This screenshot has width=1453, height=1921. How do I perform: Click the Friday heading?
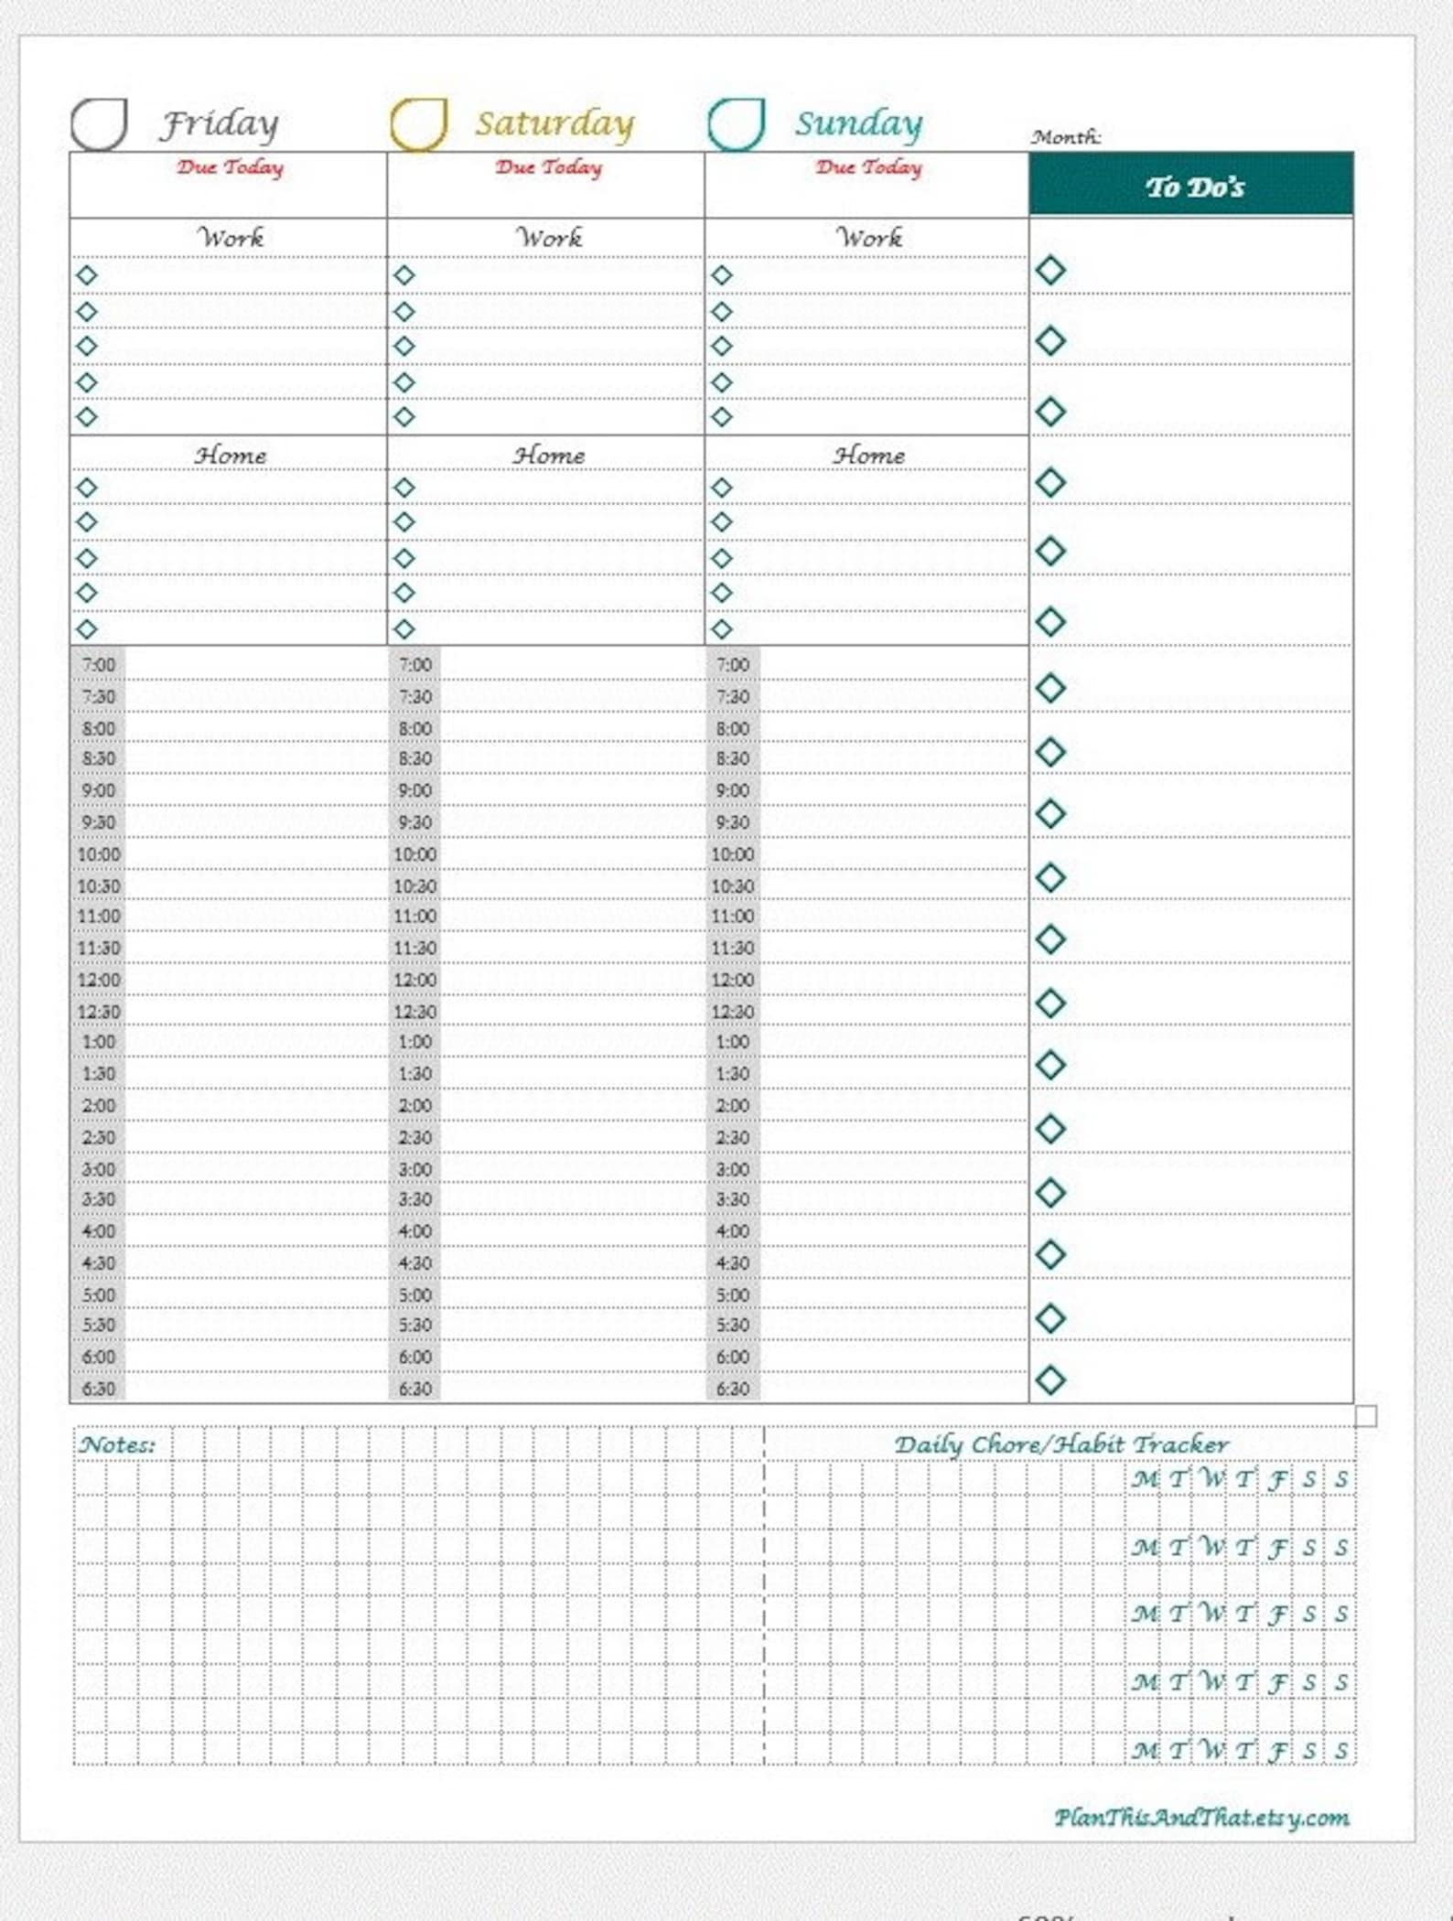pyautogui.click(x=220, y=124)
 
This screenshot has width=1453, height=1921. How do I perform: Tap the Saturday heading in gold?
pyautogui.click(x=554, y=124)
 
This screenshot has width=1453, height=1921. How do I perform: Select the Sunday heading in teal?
pyautogui.click(x=858, y=124)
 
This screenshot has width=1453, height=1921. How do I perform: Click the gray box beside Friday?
pyautogui.click(x=99, y=123)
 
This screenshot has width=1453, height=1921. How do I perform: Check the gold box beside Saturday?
pyautogui.click(x=418, y=123)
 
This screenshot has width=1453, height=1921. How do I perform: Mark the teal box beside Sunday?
pyautogui.click(x=736, y=123)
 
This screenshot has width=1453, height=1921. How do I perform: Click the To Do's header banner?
pyautogui.click(x=1191, y=186)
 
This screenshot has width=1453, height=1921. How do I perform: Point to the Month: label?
pyautogui.click(x=1066, y=137)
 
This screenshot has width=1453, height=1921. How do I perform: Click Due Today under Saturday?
pyautogui.click(x=549, y=167)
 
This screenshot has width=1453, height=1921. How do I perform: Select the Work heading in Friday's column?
pyautogui.click(x=231, y=238)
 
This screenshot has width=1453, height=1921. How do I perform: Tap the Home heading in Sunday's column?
pyautogui.click(x=868, y=455)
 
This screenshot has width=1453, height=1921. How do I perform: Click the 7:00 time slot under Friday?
pyautogui.click(x=98, y=665)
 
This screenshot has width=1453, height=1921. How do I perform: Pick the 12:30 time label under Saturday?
pyautogui.click(x=414, y=1012)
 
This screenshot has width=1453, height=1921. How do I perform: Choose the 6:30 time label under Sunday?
pyautogui.click(x=732, y=1389)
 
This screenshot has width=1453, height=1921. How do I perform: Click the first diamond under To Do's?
pyautogui.click(x=1050, y=271)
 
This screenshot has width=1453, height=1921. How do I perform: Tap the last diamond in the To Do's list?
pyautogui.click(x=1050, y=1379)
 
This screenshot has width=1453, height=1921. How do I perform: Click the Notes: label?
pyautogui.click(x=117, y=1445)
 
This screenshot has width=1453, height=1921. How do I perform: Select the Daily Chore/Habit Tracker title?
pyautogui.click(x=1061, y=1445)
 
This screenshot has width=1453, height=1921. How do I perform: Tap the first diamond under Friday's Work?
pyautogui.click(x=87, y=275)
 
